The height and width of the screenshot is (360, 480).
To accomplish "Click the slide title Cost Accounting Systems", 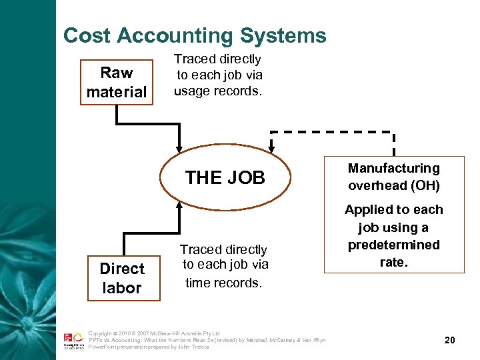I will pos(195,35).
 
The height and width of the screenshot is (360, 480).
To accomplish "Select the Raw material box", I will pos(117,83).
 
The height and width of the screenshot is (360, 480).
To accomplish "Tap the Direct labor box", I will pos(123,278).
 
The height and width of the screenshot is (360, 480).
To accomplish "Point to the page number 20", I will pos(449,340).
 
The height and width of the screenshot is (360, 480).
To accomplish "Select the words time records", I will pos(223,283).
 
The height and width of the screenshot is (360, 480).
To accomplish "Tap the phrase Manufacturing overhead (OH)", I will pos(394,177).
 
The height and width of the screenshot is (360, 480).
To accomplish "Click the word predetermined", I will pos(393,245).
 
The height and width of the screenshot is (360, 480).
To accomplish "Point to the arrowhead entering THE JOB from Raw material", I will pos(179,147).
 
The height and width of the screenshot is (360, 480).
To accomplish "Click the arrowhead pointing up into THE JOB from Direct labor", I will pos(179,205).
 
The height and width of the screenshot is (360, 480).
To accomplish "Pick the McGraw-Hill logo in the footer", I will pos(73,341).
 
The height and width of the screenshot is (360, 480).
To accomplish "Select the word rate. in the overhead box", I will pos(393,263).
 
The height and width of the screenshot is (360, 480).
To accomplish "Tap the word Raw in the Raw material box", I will pos(117,73).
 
